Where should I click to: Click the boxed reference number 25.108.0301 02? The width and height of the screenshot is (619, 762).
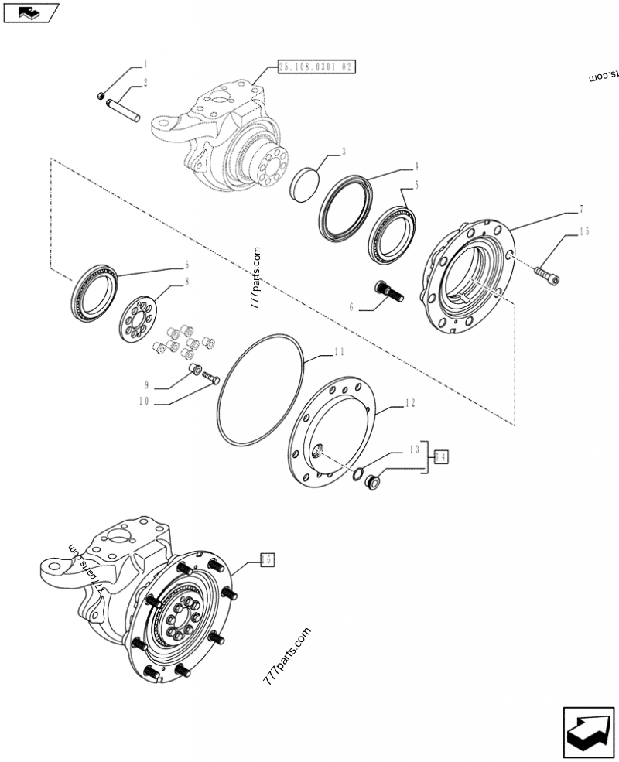[x=315, y=67]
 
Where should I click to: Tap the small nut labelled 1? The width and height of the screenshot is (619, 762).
[x=102, y=94]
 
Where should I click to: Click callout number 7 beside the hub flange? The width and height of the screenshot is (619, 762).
[x=582, y=209]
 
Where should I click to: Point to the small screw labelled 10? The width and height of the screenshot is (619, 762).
[x=211, y=378]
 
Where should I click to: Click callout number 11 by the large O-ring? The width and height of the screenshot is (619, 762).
[x=339, y=352]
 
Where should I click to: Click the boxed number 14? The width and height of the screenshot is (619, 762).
[x=441, y=457]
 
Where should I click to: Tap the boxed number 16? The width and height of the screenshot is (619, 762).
[x=266, y=559]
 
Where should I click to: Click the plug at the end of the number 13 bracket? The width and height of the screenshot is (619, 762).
[x=371, y=484]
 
